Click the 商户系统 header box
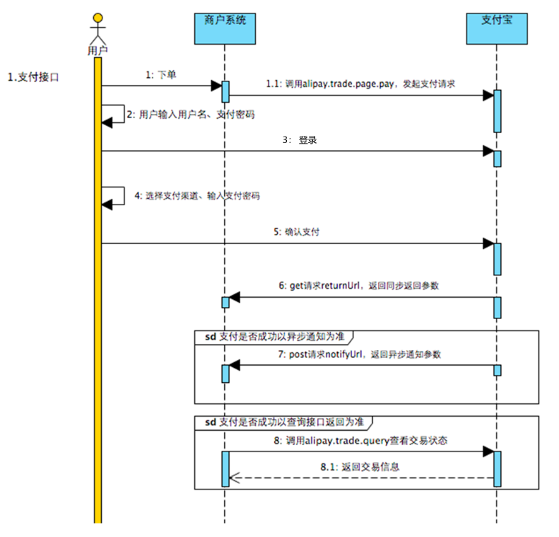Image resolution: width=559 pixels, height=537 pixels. [225, 28]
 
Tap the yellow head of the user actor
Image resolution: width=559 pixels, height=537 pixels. [99, 17]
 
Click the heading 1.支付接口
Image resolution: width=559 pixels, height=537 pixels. [33, 76]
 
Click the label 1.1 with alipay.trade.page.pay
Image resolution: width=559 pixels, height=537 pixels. [360, 83]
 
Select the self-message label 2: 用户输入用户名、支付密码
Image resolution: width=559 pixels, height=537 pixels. [190, 114]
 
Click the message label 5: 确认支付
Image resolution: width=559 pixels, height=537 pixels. [299, 231]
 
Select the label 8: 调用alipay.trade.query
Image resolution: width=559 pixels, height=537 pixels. [360, 439]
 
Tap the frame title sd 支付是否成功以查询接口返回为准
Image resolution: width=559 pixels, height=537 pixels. [281, 422]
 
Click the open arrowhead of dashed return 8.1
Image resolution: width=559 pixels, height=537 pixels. [235, 478]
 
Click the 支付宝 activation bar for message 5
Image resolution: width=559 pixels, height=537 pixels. [498, 258]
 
